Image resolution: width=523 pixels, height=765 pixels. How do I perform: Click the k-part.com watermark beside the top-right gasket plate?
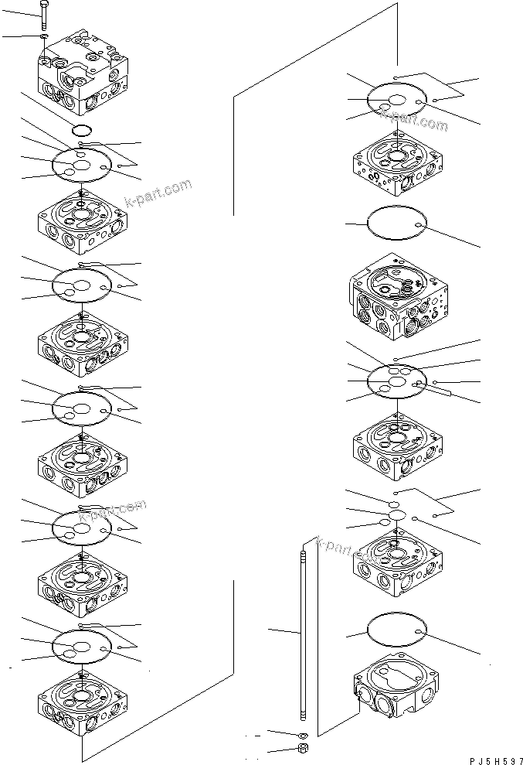click(413, 118)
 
